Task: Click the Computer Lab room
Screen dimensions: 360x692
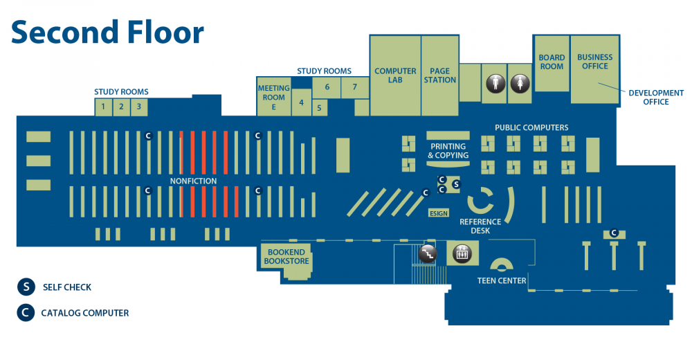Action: (x=395, y=75)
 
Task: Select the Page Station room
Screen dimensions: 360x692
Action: (x=440, y=75)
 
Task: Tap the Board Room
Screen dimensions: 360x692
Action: (x=552, y=62)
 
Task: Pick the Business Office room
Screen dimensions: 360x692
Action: (x=595, y=62)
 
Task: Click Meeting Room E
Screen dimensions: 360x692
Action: (x=273, y=98)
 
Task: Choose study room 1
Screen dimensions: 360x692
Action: (x=103, y=107)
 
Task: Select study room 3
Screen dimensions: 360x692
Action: (x=138, y=107)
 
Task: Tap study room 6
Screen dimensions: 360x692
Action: (x=327, y=87)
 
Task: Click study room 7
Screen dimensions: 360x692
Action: (x=354, y=87)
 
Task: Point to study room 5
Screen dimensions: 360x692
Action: (x=319, y=108)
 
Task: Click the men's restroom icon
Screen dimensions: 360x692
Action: (x=494, y=83)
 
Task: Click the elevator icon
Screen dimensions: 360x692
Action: (x=461, y=254)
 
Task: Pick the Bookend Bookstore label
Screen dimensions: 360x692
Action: (x=286, y=257)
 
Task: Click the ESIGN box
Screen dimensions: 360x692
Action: (x=439, y=213)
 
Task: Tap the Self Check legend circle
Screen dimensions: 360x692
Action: (x=26, y=287)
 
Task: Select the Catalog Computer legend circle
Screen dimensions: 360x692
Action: (x=26, y=313)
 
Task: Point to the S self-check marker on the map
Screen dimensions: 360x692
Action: (x=455, y=184)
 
